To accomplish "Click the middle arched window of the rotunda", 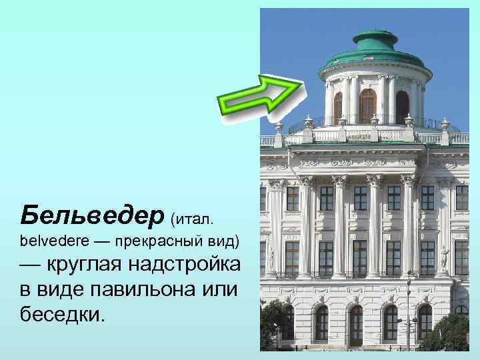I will [367, 105].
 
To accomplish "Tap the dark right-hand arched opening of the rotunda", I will [402, 107].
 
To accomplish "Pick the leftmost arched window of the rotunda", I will [338, 107].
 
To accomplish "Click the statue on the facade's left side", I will [271, 257].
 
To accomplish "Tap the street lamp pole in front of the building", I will [409, 313].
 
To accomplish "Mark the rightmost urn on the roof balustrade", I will [445, 127].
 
